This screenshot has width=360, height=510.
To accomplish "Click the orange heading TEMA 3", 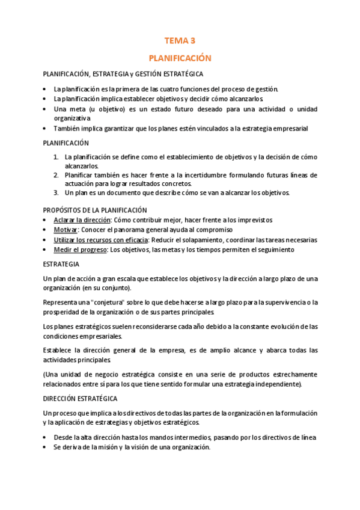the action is point(180,41).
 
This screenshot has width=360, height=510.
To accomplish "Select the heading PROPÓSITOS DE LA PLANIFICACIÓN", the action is point(95,210).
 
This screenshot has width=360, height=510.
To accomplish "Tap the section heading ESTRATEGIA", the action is point(62,264).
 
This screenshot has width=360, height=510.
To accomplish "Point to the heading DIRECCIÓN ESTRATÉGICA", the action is point(80,398).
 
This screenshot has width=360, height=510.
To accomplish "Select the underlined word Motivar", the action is point(66,230).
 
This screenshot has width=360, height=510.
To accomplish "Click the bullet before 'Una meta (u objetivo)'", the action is point(46,109).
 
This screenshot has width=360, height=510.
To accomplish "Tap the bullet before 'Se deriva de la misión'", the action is point(46,447).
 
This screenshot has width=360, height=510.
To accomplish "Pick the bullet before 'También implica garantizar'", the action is point(46,129).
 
